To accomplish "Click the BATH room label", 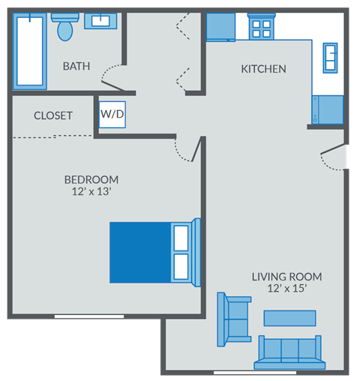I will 76,66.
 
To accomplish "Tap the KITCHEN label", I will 263,69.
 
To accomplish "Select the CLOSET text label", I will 53,115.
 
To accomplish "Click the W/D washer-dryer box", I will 112,115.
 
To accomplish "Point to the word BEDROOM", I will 91,179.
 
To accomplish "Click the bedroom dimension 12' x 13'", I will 91,192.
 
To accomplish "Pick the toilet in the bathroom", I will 66,26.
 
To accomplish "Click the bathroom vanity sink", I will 100,21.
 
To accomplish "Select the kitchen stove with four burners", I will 261,28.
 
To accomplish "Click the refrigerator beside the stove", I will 220,27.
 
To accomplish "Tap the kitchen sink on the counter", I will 330,57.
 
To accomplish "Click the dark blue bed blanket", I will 140,252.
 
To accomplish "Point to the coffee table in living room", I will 289,318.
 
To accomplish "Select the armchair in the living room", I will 232,319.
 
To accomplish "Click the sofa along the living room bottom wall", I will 289,352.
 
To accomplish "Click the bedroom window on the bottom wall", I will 88,316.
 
